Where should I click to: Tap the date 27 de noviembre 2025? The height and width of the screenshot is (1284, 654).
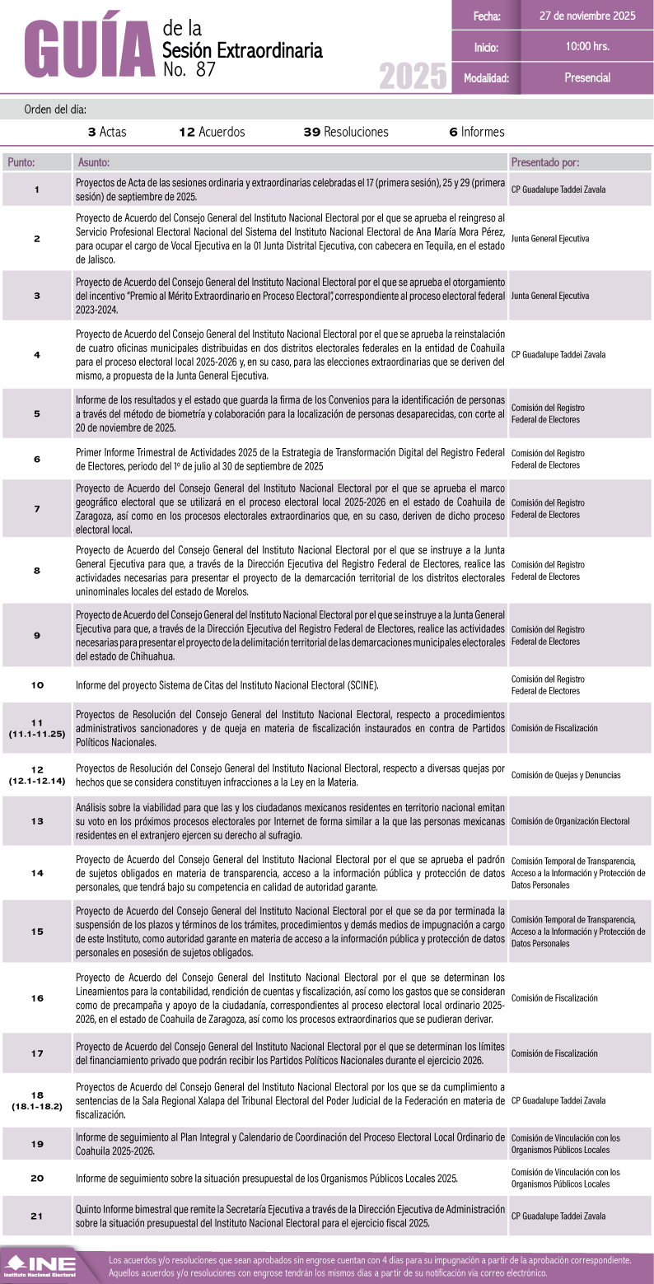click(587, 16)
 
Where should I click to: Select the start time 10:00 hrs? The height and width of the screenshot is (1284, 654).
click(587, 46)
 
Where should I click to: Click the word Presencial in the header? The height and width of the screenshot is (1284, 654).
click(587, 77)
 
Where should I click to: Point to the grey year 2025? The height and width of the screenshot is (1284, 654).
click(413, 77)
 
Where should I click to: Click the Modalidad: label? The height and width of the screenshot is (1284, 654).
click(486, 78)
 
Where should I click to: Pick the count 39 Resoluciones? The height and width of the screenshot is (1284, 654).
click(346, 132)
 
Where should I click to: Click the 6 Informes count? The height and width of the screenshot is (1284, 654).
click(477, 132)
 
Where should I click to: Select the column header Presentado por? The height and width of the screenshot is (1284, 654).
click(544, 162)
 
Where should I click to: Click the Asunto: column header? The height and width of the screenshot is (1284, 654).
click(93, 162)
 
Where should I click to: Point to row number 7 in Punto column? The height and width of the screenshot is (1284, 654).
click(37, 508)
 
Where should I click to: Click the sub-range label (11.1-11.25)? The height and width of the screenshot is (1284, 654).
click(37, 733)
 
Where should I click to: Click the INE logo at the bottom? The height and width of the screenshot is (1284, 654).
click(40, 1266)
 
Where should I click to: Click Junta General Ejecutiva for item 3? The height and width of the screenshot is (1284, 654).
click(550, 295)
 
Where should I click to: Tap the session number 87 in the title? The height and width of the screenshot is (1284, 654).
click(207, 70)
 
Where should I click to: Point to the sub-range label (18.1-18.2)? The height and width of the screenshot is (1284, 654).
click(37, 1106)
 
